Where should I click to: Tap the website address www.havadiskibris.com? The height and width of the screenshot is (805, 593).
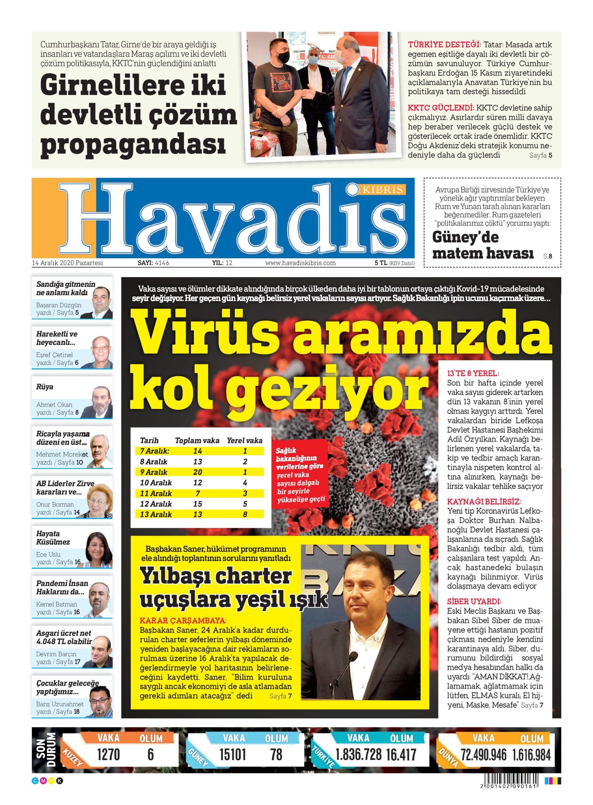[300, 263]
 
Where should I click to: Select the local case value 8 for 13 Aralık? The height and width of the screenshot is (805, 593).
[245, 514]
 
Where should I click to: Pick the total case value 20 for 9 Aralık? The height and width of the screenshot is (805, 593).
[197, 472]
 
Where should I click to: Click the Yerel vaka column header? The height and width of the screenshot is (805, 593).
[244, 441]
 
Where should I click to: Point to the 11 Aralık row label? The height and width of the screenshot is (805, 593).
[156, 493]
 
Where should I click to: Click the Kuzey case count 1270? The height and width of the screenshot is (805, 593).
[108, 754]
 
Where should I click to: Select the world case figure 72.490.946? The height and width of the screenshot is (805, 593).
[484, 755]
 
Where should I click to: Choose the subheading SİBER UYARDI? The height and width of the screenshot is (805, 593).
[474, 601]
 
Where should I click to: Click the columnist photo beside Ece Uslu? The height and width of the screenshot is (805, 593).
[98, 550]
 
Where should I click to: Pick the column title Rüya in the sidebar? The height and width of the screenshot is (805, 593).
[45, 387]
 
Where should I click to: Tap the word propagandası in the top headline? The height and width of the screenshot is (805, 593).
[133, 144]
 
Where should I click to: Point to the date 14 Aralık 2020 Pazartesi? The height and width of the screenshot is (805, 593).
[68, 263]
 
